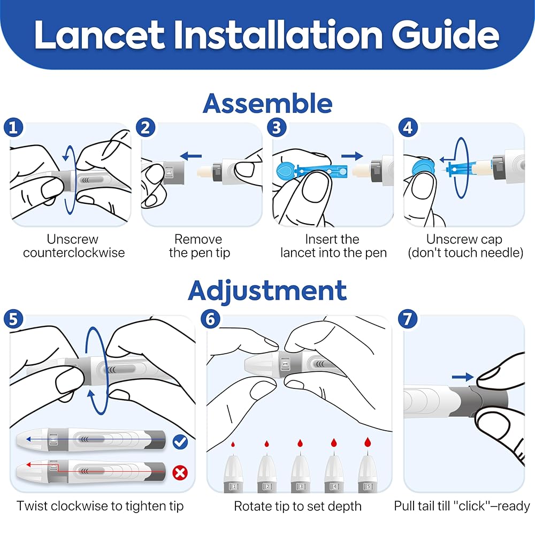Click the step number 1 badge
click(13, 128)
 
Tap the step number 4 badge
click(408, 128)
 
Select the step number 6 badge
click(210, 319)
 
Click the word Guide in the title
click(445, 35)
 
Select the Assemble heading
click(267, 103)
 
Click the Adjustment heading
click(267, 291)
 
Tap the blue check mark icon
click(180, 442)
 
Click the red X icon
click(180, 473)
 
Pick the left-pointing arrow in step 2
click(191, 156)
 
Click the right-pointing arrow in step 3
click(352, 156)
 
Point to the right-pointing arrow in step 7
click(463, 377)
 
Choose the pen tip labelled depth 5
click(368, 472)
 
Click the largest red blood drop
click(368, 442)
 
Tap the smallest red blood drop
click(233, 444)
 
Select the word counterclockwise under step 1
click(74, 253)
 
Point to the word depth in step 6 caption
click(344, 507)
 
